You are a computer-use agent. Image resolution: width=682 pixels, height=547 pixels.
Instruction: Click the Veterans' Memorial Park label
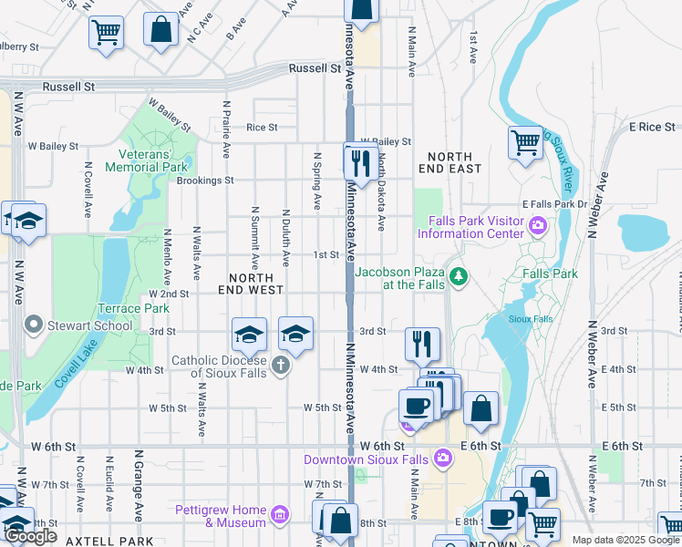click(x=146, y=160)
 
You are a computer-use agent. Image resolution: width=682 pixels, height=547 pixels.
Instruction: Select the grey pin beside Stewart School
click(x=35, y=325)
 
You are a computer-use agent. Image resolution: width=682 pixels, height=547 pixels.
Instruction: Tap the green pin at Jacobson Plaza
click(x=460, y=275)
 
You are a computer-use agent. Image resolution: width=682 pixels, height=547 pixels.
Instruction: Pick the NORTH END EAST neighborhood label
click(x=449, y=163)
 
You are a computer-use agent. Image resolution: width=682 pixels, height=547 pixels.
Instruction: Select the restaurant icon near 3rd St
click(x=421, y=344)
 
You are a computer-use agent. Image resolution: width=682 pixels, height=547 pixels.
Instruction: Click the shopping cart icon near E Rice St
click(x=525, y=142)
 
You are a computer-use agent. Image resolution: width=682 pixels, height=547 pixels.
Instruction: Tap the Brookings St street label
click(x=205, y=181)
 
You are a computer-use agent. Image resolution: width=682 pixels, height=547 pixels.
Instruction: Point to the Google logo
click(x=31, y=537)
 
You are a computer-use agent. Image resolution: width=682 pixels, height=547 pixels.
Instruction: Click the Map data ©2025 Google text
click(x=625, y=540)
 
